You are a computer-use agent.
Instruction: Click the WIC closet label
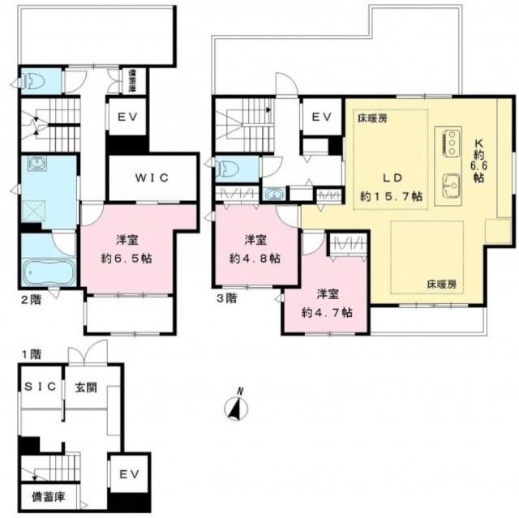point(152,178)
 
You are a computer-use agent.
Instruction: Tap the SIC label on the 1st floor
point(39,387)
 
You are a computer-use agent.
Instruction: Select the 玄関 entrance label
point(85,387)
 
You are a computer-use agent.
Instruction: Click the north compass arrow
point(238,406)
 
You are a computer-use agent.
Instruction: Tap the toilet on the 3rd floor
point(228,169)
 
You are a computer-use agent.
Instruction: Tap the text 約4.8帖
point(252,259)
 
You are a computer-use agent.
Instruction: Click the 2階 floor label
point(32,298)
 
